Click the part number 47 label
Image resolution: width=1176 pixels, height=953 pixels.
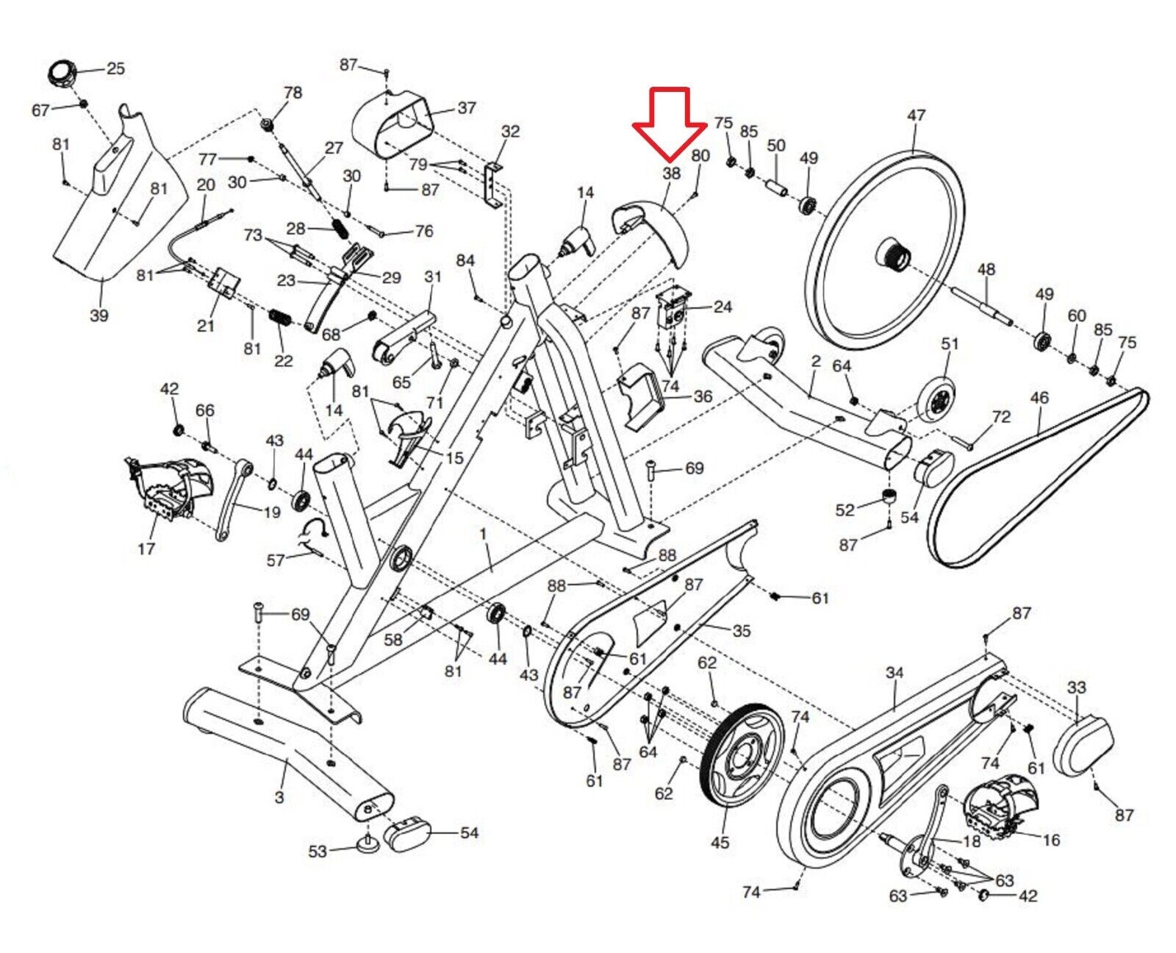point(916,115)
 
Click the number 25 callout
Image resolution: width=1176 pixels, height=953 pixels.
point(115,68)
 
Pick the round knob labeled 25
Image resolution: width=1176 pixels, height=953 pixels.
point(63,74)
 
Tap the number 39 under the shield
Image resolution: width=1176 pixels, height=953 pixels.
point(98,315)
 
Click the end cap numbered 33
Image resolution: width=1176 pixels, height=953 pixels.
point(1083,746)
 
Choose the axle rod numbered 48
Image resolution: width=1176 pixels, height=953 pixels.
point(982,306)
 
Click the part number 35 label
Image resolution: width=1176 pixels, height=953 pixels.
point(741,631)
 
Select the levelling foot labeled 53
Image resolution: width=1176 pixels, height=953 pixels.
point(368,843)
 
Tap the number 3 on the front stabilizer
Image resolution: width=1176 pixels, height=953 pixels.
point(279,797)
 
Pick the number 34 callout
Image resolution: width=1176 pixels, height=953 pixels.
point(894,673)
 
